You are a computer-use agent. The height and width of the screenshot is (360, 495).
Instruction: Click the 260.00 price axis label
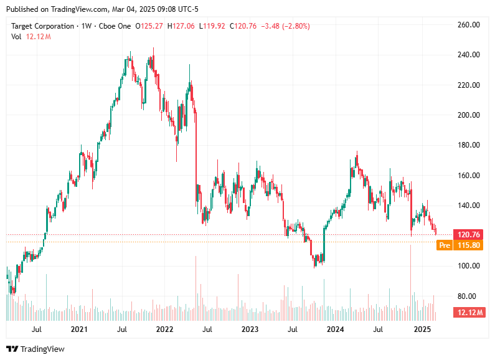coord(468,25)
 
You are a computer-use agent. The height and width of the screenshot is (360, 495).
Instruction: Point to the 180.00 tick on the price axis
coord(468,145)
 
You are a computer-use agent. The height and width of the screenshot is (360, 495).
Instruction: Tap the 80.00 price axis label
coord(468,296)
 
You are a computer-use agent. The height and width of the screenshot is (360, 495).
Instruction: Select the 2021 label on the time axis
coord(78,329)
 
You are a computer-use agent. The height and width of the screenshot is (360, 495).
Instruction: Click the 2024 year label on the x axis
coord(336,329)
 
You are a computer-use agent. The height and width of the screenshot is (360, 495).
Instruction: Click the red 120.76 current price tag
coord(468,235)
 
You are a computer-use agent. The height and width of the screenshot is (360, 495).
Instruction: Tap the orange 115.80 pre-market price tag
coord(468,245)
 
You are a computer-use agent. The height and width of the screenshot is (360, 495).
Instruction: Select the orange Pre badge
coord(445,245)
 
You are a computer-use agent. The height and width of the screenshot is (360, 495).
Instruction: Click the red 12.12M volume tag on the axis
coord(468,311)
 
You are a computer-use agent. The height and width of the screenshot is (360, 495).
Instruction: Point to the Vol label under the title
coord(17,37)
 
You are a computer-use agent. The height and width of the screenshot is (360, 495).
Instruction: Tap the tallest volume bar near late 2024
coord(411,277)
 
